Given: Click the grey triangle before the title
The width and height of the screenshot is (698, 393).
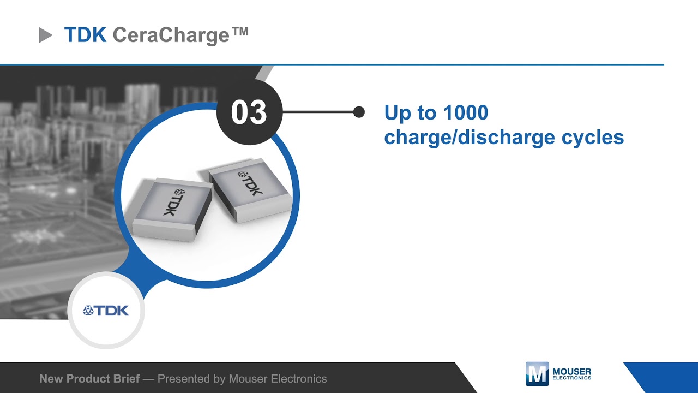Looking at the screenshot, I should (45, 36).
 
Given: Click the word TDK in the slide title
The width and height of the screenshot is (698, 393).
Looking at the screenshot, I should (85, 35).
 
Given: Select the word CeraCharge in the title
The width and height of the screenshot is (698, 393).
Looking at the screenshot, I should (171, 35).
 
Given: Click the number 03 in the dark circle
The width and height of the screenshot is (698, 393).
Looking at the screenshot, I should (249, 112).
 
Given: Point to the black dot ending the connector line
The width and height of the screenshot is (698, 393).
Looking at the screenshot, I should (359, 112).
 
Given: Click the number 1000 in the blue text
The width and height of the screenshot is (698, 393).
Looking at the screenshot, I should (465, 113).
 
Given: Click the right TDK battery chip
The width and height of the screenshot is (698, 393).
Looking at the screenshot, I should (250, 192).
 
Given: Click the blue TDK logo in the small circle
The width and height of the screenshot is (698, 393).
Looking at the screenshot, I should (106, 311).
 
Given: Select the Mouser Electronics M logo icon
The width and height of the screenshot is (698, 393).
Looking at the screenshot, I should (537, 374).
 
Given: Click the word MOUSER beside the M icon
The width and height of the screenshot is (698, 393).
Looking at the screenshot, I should (571, 371).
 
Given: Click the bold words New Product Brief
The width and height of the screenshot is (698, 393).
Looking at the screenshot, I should (89, 378).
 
